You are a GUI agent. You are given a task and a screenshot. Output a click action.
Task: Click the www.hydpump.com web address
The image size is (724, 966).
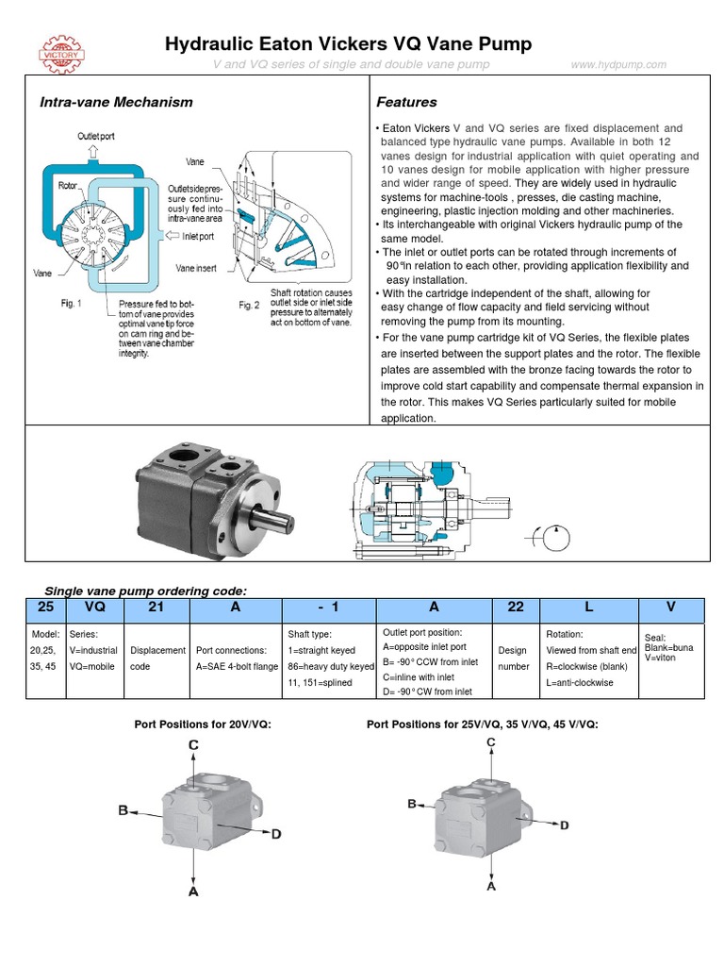618,64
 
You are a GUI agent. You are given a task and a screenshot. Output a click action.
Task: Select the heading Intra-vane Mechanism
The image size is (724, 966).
115,102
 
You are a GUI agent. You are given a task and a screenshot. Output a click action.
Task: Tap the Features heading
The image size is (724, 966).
406,102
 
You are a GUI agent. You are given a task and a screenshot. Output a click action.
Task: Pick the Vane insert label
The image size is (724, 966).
196,268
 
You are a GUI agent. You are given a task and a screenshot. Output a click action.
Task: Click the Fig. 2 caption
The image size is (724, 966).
249,305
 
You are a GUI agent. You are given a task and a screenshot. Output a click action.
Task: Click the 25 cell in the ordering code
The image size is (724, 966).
45,608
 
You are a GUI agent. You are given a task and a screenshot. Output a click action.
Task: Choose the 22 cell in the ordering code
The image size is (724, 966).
515,608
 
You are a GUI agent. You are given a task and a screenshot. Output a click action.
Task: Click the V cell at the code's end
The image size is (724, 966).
671,608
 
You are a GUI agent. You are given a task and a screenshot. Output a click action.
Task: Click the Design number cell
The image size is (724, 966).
515,658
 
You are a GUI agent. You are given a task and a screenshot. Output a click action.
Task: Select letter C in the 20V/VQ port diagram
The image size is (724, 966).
192,745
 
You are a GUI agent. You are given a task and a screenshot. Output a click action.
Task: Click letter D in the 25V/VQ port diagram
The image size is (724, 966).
564,825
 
